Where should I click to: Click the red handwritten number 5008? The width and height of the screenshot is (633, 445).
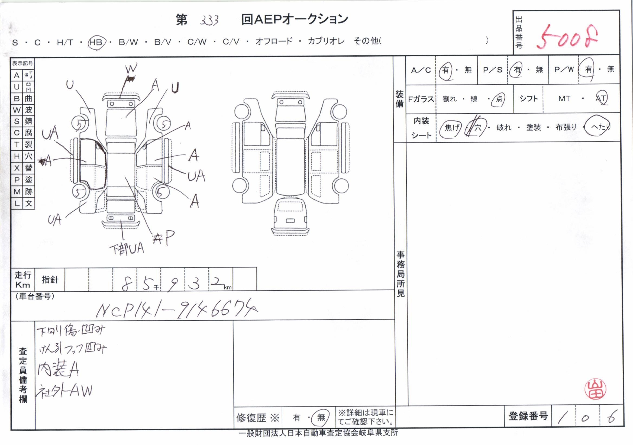pos(567,38)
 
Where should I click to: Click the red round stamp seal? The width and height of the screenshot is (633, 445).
pos(596,389)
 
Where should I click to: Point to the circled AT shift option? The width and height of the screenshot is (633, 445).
pos(601,98)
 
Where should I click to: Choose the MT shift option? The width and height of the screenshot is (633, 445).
pos(564,98)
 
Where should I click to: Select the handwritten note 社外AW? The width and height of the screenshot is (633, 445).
pos(65,391)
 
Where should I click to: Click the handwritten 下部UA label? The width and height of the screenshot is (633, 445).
pos(127,249)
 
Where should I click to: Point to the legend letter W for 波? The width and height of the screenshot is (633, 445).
pos(17,110)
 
